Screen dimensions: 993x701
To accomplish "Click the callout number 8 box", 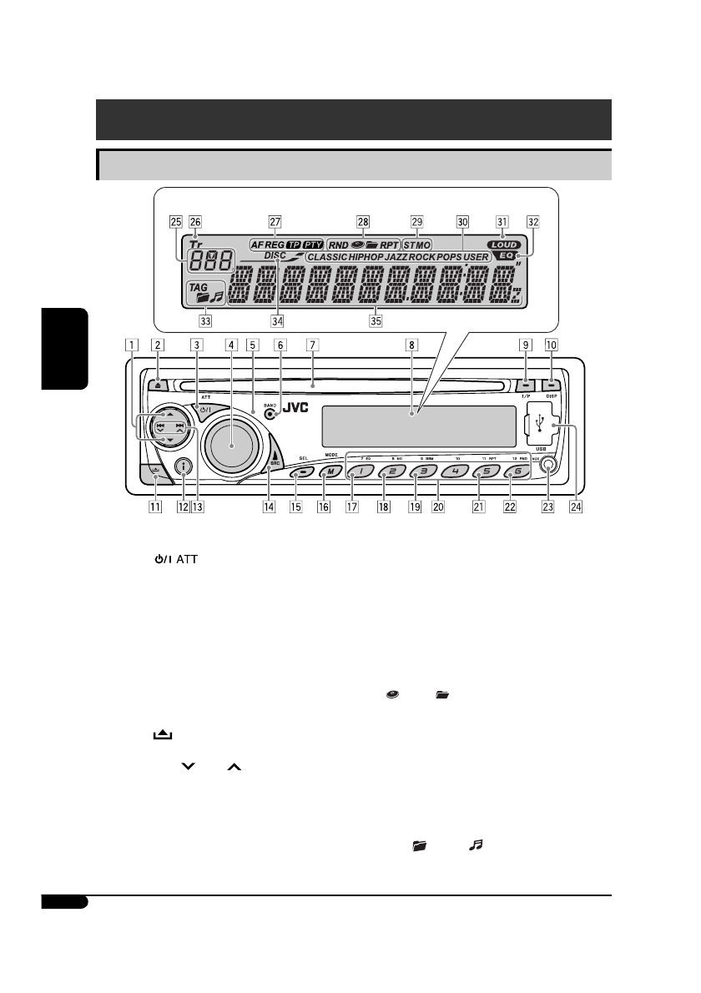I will (x=411, y=343).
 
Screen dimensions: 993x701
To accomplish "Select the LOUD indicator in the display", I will (x=503, y=245).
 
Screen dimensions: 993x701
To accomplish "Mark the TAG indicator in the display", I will (x=199, y=285).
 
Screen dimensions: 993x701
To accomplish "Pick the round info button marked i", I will (x=183, y=467).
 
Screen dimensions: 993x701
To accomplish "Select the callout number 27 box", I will (x=275, y=222).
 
